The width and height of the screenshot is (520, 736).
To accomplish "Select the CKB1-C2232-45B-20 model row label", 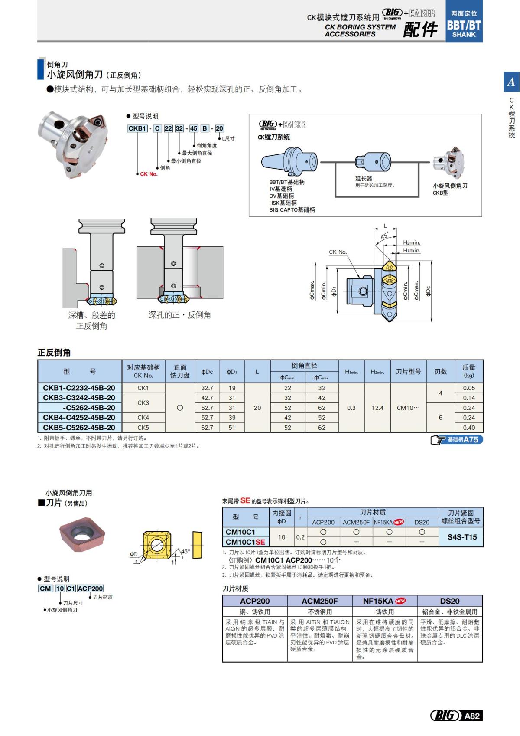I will point(79,388).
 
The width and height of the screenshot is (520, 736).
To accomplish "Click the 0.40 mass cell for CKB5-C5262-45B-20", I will point(469,428).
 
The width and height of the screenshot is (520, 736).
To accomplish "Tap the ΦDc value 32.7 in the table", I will point(207,388).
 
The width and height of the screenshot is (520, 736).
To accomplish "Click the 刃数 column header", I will point(441,372).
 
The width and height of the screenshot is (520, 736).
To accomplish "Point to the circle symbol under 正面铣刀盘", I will point(180,408).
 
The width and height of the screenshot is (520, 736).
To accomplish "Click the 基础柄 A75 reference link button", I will point(457,440).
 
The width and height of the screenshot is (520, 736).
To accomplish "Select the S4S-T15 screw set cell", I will point(462,537).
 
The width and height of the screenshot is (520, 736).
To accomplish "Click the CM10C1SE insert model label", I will point(245,542).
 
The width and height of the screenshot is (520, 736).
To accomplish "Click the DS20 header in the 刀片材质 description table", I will point(450,601).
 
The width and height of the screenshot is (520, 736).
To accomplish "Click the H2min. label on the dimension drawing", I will point(412,243).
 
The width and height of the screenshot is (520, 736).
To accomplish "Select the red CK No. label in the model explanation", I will point(149,174).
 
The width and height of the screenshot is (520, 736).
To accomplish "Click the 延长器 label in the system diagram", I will point(364,179).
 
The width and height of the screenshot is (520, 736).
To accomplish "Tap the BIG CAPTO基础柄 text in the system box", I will point(292,210).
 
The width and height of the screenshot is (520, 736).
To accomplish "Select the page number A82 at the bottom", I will point(472,716).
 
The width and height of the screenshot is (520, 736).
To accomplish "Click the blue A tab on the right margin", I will point(511,82).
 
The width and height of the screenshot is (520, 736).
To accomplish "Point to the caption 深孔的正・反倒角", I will point(179,315).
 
